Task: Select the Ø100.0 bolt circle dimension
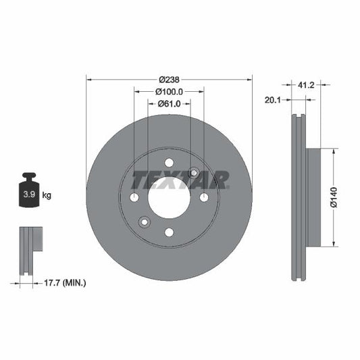(169, 91)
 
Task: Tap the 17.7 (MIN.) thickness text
(59, 282)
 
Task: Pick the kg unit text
(47, 195)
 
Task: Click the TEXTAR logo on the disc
(180, 180)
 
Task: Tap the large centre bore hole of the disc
(169, 198)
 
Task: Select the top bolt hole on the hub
(169, 162)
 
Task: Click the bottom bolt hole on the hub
(169, 233)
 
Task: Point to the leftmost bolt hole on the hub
(134, 197)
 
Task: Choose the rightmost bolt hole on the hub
(204, 197)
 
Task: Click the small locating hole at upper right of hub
(194, 173)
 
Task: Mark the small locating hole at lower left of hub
(144, 222)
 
